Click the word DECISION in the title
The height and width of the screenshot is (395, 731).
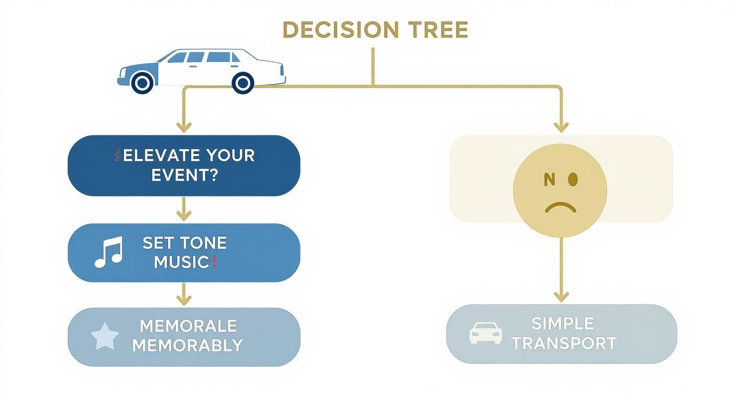tap(335, 30)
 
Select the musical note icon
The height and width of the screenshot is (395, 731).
tap(108, 252)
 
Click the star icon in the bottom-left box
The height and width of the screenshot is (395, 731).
tap(105, 337)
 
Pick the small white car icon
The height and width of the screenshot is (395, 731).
tap(485, 333)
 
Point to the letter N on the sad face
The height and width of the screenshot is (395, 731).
tap(549, 180)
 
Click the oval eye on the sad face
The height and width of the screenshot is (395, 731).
tap(572, 180)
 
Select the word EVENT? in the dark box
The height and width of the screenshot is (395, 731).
tap(184, 175)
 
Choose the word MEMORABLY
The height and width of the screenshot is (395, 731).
tap(187, 345)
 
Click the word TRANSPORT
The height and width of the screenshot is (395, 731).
tap(564, 343)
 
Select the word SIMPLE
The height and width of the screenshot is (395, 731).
tap(562, 323)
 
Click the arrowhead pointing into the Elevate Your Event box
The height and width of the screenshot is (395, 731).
tap(183, 127)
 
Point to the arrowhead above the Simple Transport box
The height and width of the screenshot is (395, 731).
tap(561, 296)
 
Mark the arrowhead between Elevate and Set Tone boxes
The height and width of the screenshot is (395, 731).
tap(183, 215)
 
